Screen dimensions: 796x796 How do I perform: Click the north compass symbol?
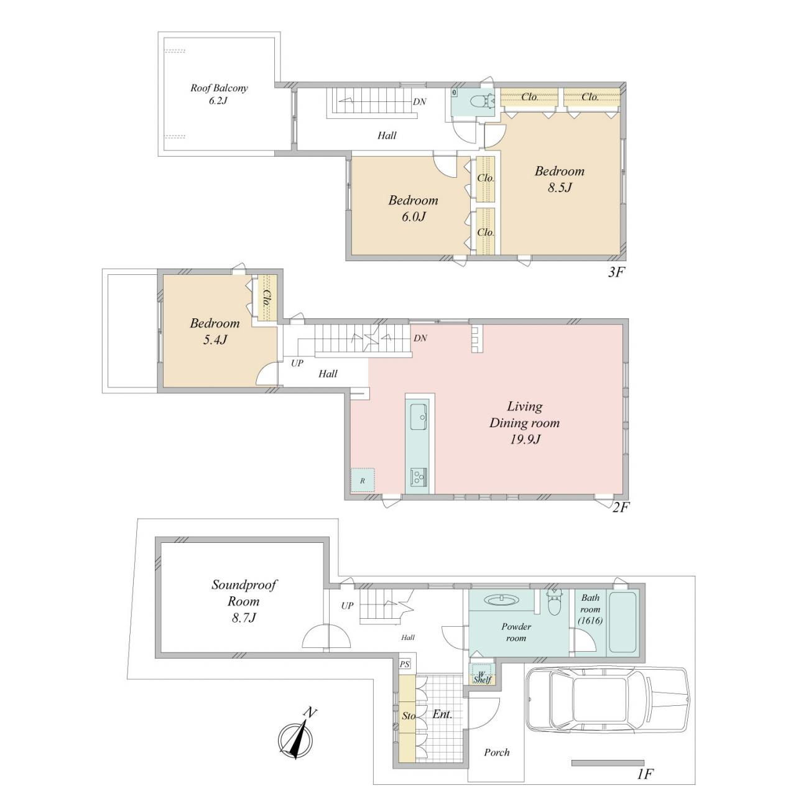(297, 741)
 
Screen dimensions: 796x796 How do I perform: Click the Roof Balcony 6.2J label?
(219, 94)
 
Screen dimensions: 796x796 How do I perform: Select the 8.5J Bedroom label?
(560, 179)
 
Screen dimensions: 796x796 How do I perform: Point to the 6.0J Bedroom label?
(413, 208)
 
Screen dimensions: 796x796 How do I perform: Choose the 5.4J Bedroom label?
(215, 331)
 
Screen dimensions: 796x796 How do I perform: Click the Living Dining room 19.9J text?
(525, 423)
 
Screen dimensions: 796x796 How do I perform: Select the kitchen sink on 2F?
(419, 417)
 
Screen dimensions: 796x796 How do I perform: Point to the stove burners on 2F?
(419, 477)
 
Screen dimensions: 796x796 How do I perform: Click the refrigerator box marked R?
(363, 480)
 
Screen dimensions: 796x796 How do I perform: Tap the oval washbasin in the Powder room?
(501, 599)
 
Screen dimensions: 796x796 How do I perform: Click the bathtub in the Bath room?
(622, 623)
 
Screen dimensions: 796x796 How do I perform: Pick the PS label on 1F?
(405, 664)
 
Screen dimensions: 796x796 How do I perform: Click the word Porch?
(497, 752)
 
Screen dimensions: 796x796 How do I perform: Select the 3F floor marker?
(616, 272)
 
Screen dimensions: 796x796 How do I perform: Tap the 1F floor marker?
(645, 774)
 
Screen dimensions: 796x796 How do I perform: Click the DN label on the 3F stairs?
(420, 101)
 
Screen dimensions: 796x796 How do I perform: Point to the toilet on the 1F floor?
(553, 601)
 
